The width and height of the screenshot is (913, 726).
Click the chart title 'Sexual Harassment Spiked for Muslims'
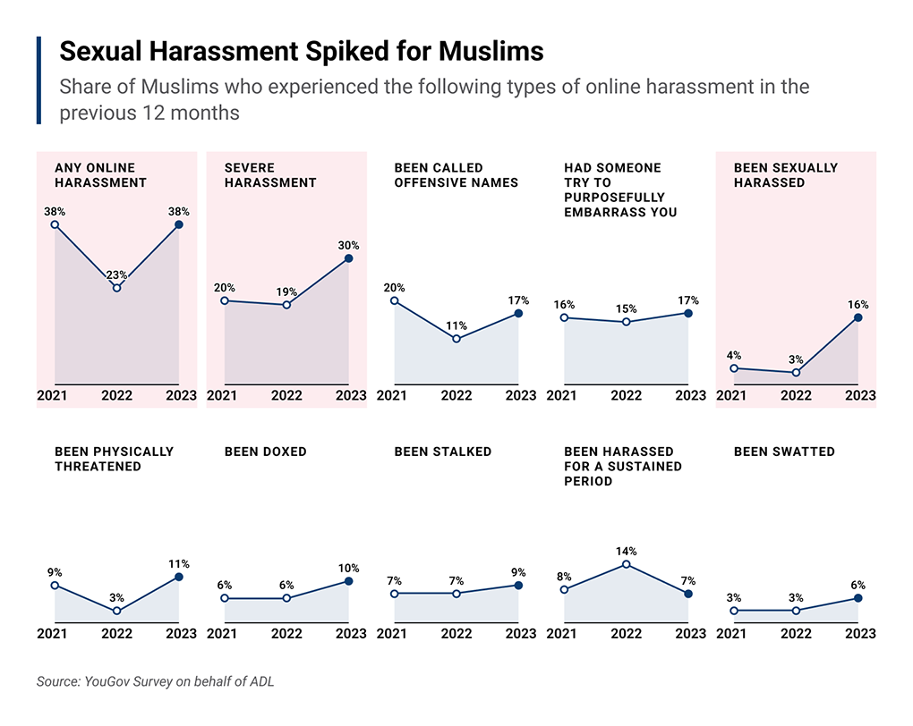click(x=301, y=51)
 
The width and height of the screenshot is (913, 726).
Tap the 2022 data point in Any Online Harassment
click(x=116, y=288)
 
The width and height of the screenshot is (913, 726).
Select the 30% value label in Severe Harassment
click(x=348, y=245)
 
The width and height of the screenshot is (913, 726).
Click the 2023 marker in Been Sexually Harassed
click(x=858, y=317)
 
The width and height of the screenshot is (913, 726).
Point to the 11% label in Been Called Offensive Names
click(x=456, y=325)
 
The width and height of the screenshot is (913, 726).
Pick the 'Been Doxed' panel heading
click(x=265, y=452)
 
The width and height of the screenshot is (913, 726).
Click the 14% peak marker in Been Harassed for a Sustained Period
click(x=627, y=564)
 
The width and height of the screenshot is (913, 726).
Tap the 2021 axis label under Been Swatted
click(x=731, y=633)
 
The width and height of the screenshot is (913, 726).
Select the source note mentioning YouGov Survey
click(x=155, y=681)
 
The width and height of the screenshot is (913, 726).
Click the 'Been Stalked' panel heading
click(x=442, y=452)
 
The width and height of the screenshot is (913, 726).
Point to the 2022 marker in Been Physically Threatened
click(x=116, y=611)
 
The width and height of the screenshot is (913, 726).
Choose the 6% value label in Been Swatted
click(x=858, y=585)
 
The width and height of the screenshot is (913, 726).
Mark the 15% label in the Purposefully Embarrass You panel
click(x=627, y=308)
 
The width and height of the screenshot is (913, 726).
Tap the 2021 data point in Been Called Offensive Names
click(x=395, y=301)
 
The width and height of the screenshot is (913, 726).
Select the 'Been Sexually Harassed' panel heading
click(x=785, y=174)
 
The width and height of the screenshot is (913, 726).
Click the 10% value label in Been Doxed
click(x=348, y=568)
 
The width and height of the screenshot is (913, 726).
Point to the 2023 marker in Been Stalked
click(x=518, y=586)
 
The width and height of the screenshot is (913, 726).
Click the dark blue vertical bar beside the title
click(x=39, y=80)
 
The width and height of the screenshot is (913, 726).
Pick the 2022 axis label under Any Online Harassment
click(x=116, y=395)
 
